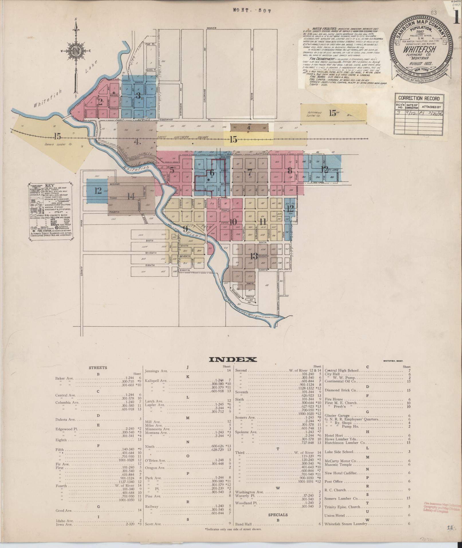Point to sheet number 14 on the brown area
click(131, 197)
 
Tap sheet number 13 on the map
click(254, 256)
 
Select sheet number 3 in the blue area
click(138, 95)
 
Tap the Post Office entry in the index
click(334, 482)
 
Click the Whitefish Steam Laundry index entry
click(346, 524)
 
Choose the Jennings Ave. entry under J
click(156, 371)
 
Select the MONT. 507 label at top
click(251, 10)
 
